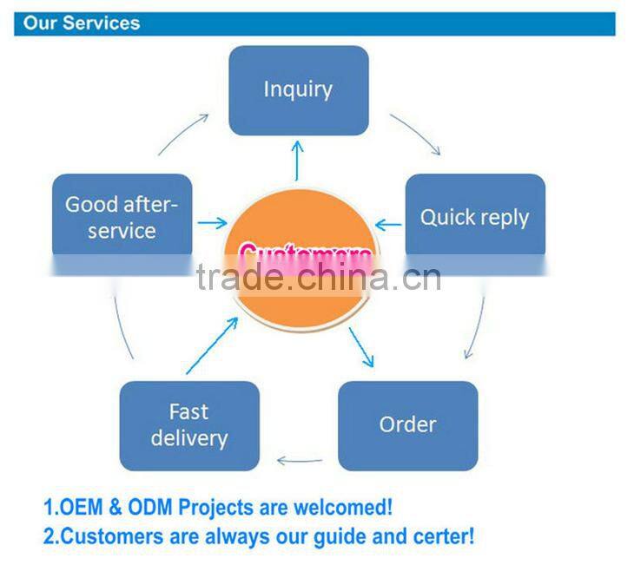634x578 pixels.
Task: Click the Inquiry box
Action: coord(298,89)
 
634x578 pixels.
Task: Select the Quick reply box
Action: coord(474,217)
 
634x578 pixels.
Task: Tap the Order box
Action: coord(407,425)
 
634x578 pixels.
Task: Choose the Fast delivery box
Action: coord(188,425)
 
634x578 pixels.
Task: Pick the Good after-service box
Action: coord(122,217)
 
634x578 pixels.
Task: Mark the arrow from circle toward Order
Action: coord(361,346)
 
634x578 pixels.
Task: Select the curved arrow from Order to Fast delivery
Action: coord(299,461)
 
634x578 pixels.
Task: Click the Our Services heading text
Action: coord(82,23)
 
